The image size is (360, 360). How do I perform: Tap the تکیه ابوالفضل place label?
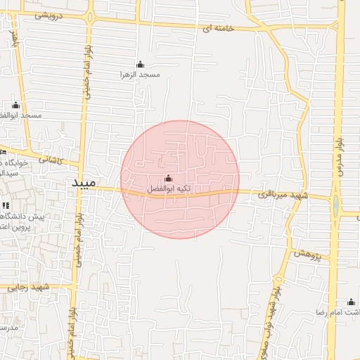coord(168,189)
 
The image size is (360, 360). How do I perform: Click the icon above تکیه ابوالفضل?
coord(168,179)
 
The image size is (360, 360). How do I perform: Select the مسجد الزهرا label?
coord(140,74)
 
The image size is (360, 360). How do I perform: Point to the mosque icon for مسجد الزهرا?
coord(140,64)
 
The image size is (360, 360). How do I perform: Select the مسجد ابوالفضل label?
coord(21,115)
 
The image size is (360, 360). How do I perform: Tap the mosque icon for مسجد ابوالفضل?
coord(16,105)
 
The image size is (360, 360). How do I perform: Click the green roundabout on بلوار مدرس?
coord(335,206)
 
